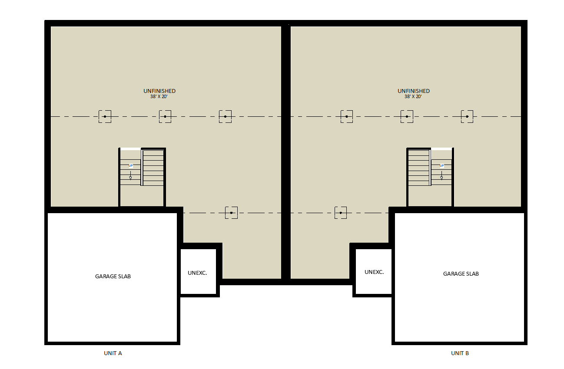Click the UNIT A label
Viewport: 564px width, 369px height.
pos(113,353)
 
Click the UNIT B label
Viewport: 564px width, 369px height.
pos(460,353)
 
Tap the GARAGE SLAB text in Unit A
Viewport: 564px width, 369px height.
pos(113,276)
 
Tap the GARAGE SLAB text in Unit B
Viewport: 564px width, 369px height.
pos(461,273)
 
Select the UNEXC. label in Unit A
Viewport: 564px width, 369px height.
pos(197,273)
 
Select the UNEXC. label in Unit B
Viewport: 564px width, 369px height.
pos(374,272)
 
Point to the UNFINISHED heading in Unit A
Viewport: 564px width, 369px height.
pos(159,91)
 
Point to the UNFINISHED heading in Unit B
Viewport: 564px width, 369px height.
pos(413,91)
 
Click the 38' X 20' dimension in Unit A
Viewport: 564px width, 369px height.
pos(159,96)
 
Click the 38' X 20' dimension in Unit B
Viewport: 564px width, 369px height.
pos(413,96)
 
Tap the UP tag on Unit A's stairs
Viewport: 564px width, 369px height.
pos(131,165)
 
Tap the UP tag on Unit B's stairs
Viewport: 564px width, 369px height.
pos(441,165)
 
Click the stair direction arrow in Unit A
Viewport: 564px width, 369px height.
pos(130,175)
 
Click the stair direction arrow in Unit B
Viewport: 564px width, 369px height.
pos(441,175)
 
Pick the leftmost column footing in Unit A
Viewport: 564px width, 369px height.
pos(105,116)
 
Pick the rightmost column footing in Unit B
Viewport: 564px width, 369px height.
pos(467,116)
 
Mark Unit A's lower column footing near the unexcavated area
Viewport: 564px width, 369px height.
pos(231,213)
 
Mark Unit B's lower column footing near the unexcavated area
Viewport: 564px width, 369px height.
pos(341,213)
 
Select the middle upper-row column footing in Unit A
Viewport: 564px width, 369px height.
pos(165,116)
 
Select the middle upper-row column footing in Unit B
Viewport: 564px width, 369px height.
pos(407,116)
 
